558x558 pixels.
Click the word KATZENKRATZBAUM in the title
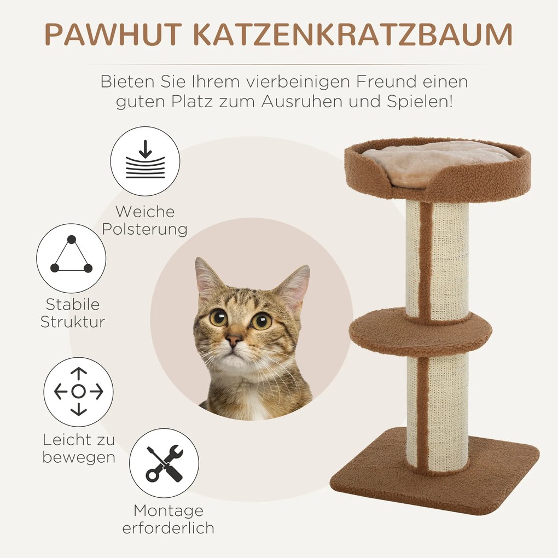pyautogui.click(x=351, y=34)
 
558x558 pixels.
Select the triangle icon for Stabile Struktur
pyautogui.click(x=71, y=258)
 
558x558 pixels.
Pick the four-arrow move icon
pyautogui.click(x=79, y=392)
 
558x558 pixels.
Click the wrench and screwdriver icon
pyautogui.click(x=164, y=463)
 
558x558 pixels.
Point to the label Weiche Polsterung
pyautogui.click(x=145, y=220)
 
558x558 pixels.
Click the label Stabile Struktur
pyautogui.click(x=72, y=313)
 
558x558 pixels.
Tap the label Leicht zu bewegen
pyautogui.click(x=79, y=448)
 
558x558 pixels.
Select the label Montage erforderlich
pyautogui.click(x=168, y=519)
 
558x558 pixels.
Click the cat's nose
pyautogui.click(x=234, y=340)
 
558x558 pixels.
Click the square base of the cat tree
pyautogui.click(x=438, y=481)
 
